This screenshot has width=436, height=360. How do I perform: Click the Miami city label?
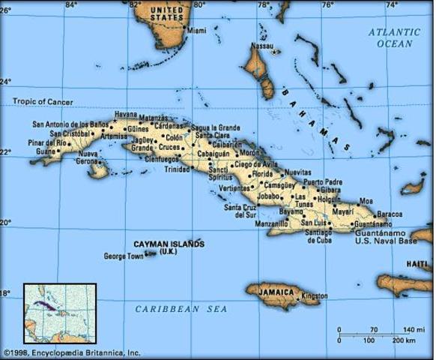tap(196, 31)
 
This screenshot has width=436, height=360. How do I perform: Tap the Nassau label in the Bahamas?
tap(261, 46)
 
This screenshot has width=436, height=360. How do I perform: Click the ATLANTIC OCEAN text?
tap(394, 37)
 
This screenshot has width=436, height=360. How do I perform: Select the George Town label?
tap(123, 256)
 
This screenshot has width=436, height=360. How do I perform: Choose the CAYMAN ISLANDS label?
tap(168, 244)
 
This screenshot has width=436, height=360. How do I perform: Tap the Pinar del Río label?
tap(47, 142)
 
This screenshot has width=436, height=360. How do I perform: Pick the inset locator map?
tap(60, 313)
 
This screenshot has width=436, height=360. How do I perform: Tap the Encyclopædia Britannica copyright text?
tap(70, 352)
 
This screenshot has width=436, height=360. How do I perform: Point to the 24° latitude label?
tap(7, 82)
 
